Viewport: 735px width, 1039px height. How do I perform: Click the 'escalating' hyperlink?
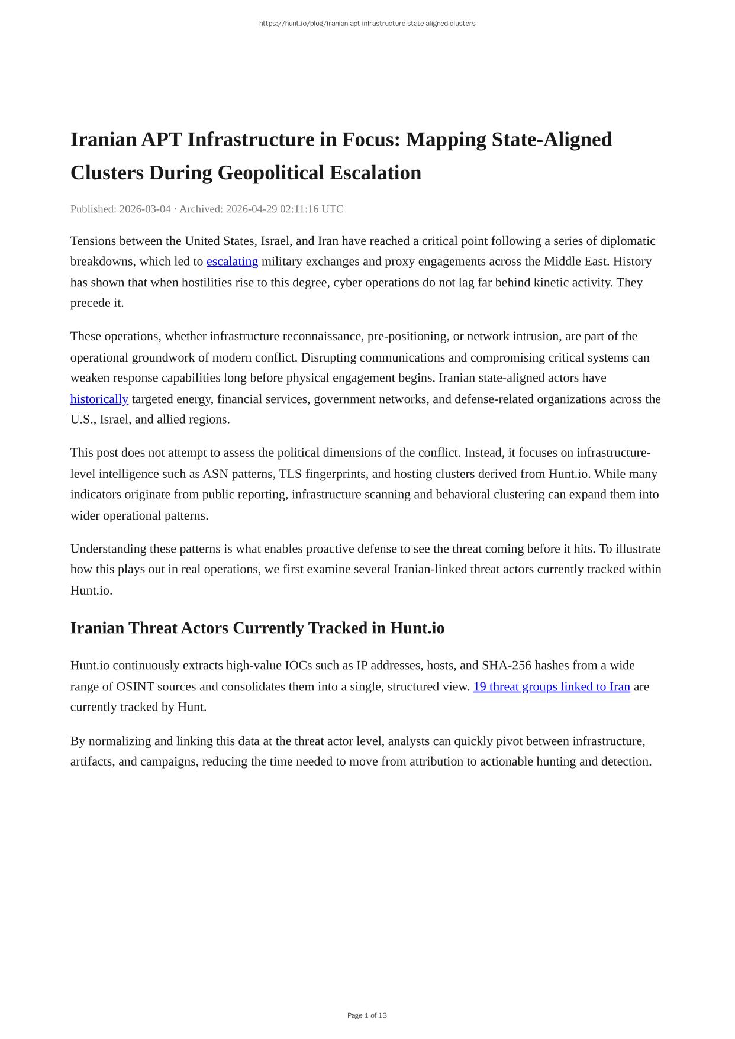pyautogui.click(x=232, y=262)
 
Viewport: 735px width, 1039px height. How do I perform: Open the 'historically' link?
pyautogui.click(x=99, y=399)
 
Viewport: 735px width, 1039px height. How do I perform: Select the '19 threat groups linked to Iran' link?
pyautogui.click(x=551, y=686)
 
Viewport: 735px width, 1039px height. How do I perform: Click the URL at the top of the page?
pyautogui.click(x=367, y=24)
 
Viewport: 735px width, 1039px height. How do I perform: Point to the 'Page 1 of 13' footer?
pyautogui.click(x=367, y=1015)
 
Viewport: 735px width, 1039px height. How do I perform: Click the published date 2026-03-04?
pyautogui.click(x=144, y=209)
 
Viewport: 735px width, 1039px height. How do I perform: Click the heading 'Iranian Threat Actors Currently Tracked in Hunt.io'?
pyautogui.click(x=257, y=628)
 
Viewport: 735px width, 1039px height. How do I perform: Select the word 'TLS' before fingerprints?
pyautogui.click(x=290, y=474)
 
